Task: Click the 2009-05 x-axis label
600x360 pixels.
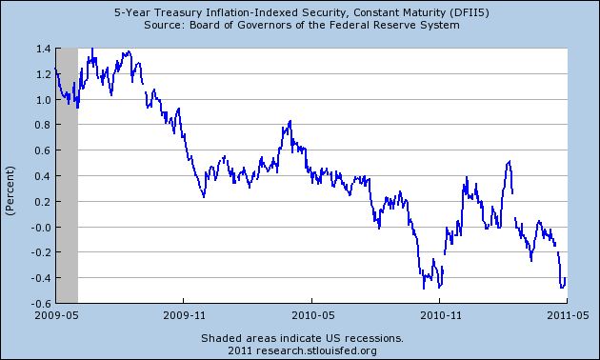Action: tap(56, 314)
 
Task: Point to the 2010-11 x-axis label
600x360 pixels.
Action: tap(440, 314)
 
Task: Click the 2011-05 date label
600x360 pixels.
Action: tap(565, 314)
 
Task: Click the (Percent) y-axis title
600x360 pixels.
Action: tap(10, 190)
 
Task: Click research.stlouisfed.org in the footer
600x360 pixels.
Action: tap(314, 350)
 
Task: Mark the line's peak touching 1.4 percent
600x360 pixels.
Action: tap(92, 49)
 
